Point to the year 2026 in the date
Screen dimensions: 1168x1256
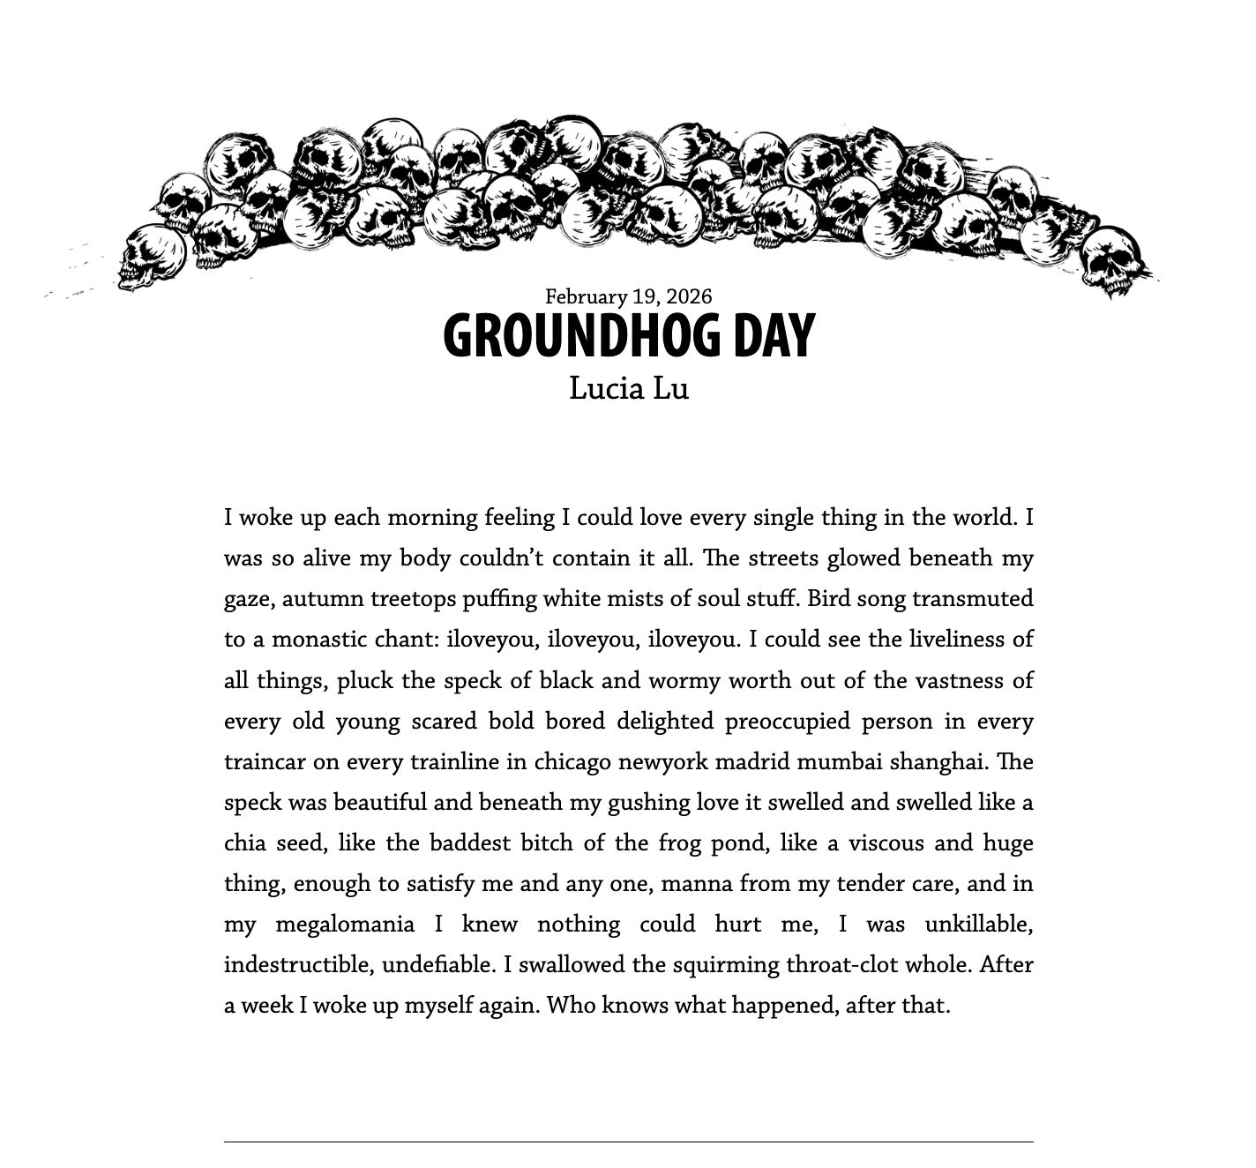pos(691,296)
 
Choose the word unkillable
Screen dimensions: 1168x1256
pos(978,925)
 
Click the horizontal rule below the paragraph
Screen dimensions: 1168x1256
pos(628,1142)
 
